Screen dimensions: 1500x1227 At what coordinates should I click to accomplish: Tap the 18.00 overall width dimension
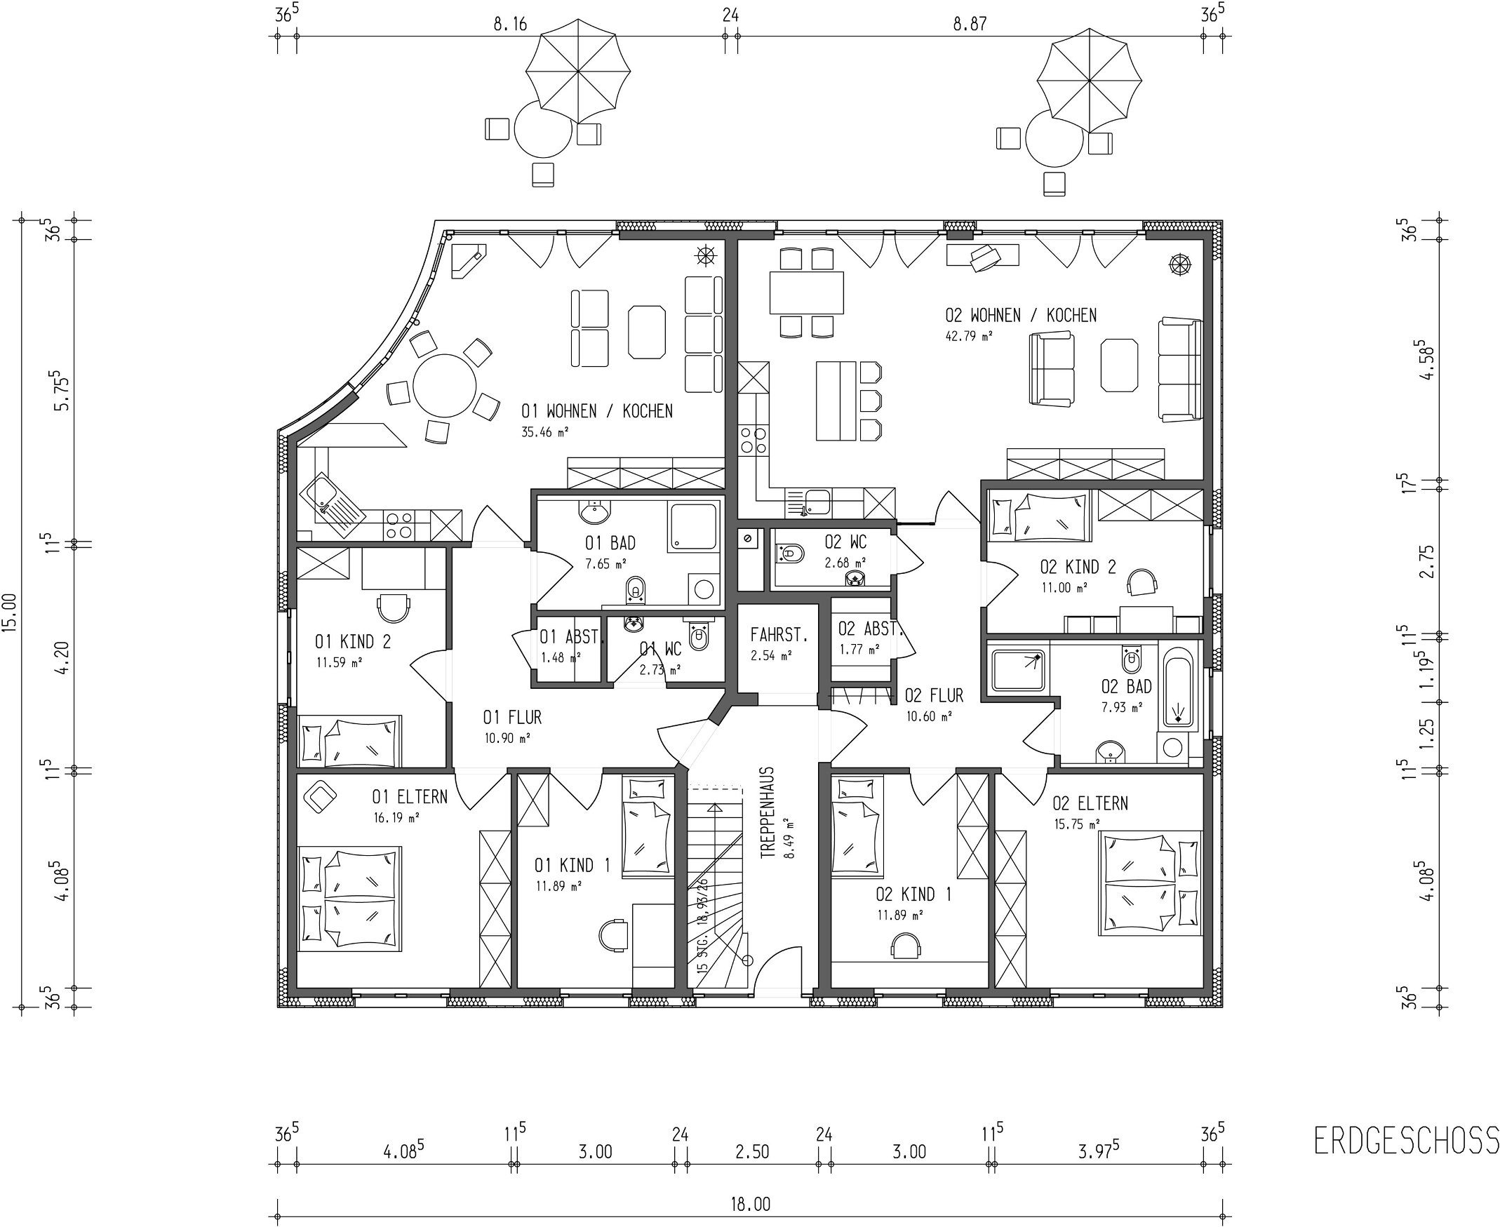point(750,1204)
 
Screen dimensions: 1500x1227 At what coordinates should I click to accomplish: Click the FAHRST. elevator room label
point(779,635)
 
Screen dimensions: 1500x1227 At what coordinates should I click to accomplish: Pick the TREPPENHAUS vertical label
point(768,813)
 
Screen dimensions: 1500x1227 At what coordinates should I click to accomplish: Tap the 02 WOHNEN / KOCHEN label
point(1021,315)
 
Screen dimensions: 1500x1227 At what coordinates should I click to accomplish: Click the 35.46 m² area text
point(545,432)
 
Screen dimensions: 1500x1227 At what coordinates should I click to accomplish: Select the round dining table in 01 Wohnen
point(445,386)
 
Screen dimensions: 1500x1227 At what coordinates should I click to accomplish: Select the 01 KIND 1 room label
point(572,865)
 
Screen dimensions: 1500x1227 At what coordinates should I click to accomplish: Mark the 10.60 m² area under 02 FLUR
point(929,716)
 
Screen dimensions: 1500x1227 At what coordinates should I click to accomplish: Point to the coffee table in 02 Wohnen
point(1119,365)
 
